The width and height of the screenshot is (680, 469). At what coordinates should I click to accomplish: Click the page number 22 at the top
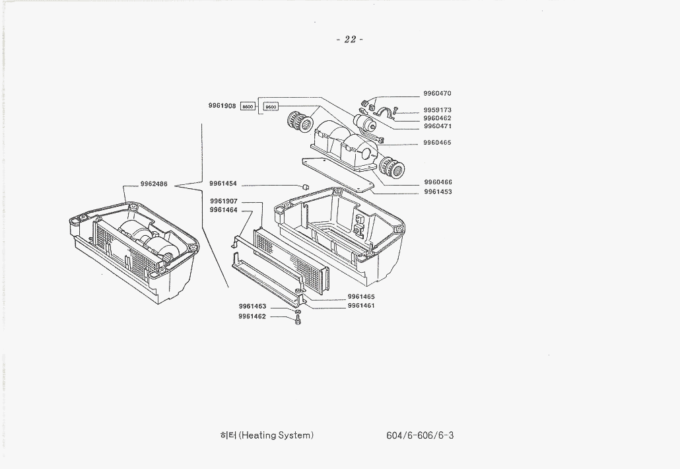point(350,40)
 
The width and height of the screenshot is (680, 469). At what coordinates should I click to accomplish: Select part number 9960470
point(437,94)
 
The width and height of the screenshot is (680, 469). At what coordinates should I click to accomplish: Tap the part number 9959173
point(437,110)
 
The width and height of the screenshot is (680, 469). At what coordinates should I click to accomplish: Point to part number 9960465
point(437,143)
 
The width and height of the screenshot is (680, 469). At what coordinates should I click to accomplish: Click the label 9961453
point(438,192)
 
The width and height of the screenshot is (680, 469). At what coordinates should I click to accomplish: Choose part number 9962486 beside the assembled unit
point(154,184)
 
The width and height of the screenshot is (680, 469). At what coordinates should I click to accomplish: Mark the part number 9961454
point(223,184)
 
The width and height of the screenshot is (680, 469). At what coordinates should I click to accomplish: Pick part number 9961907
point(224,201)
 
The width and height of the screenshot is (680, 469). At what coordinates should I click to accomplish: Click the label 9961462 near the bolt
point(252,316)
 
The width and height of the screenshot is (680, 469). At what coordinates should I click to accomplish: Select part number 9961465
point(361,297)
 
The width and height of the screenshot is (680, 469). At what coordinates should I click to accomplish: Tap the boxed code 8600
point(248,106)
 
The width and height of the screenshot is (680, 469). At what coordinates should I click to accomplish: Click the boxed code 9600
point(271,106)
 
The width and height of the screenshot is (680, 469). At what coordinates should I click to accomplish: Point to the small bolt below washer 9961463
point(298,320)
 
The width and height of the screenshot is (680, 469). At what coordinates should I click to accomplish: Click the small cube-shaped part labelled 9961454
point(305,187)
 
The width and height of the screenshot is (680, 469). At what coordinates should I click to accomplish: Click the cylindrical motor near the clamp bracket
point(362,123)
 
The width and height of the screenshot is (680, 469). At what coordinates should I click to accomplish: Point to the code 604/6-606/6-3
point(421,435)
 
